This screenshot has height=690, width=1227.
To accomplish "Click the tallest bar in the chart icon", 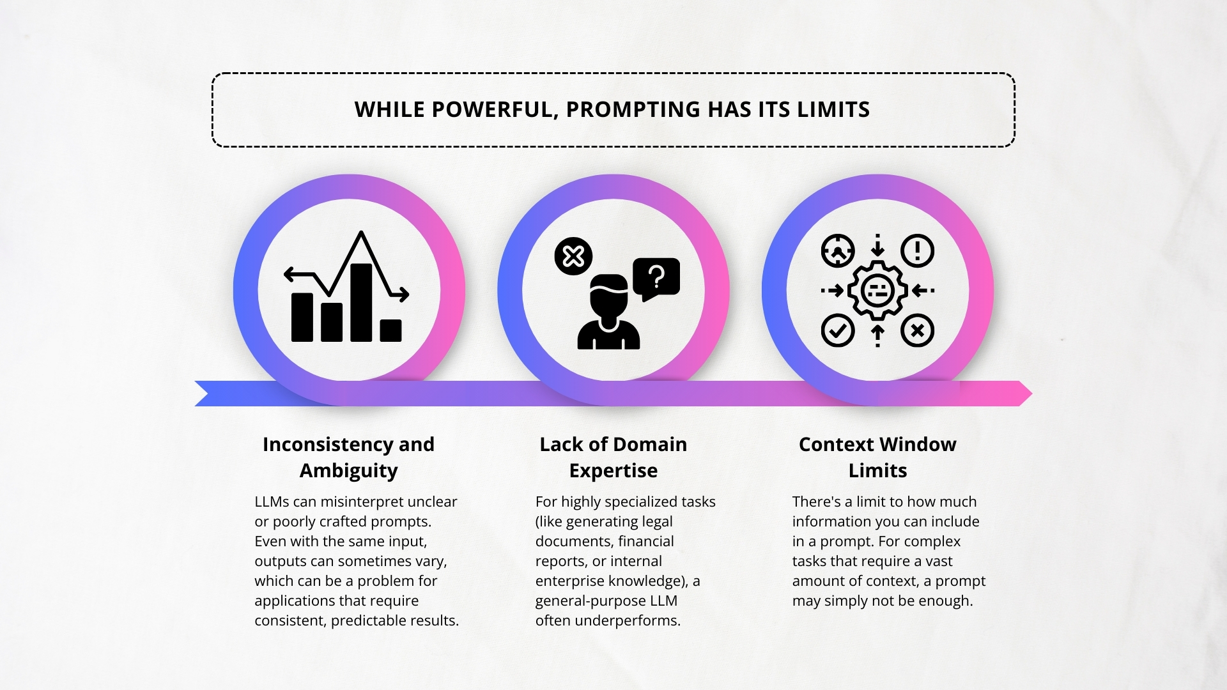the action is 361,302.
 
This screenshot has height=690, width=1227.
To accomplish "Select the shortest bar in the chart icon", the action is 390,330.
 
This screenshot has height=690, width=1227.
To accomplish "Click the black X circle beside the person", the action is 573,256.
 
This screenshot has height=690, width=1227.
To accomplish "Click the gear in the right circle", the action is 877,291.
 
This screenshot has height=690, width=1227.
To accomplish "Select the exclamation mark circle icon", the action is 918,250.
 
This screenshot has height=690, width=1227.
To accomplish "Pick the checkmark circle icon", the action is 837,330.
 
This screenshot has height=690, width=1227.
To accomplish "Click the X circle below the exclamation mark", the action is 918,330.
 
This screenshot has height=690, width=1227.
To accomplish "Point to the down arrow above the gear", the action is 877,245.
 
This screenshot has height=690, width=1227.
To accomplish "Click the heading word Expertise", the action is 613,471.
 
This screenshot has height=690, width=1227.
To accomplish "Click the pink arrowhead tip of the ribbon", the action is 1031,394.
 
